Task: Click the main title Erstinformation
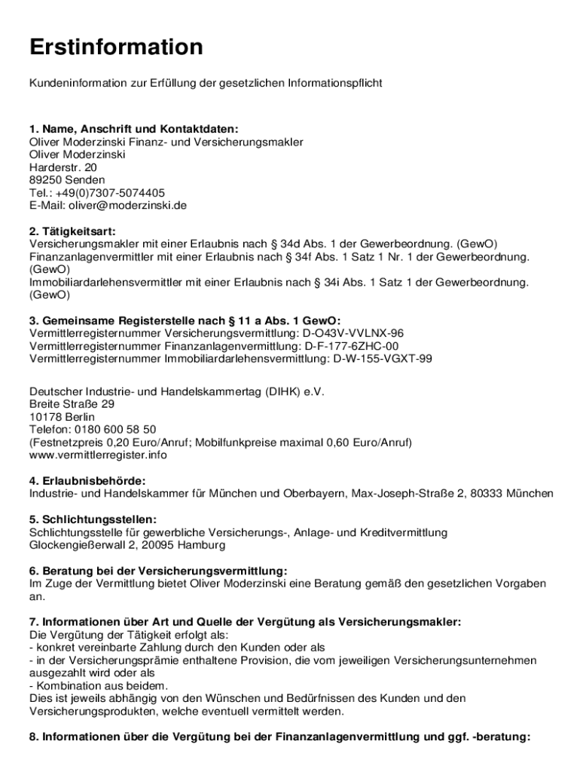coord(116,47)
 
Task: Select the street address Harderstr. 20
coord(58,167)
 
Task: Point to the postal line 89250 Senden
coord(56,179)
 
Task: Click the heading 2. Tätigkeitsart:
coord(72,231)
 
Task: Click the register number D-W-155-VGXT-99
coord(383,359)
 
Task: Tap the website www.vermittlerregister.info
coord(98,455)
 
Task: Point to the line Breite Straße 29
coord(72,404)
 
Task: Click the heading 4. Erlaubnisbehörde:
coord(87,481)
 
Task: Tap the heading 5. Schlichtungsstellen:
coord(93,519)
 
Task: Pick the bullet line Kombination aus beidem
coord(99,686)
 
